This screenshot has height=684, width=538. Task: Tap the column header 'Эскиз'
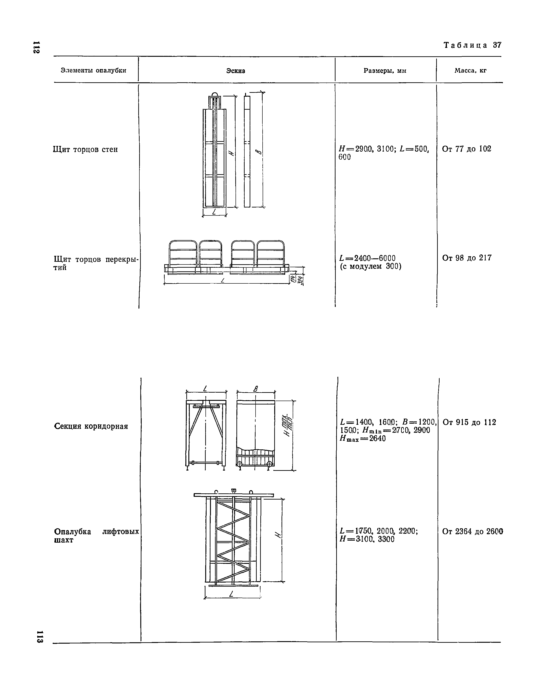pos(236,71)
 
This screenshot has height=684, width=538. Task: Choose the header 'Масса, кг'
pos(470,71)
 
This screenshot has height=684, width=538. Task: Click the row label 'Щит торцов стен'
pos(85,150)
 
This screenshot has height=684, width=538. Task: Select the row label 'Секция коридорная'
pos(91,426)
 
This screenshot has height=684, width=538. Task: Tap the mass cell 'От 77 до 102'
pos(466,149)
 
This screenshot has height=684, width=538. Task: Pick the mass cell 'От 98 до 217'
pos(466,258)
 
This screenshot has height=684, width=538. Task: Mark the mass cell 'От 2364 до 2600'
pos(472,532)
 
